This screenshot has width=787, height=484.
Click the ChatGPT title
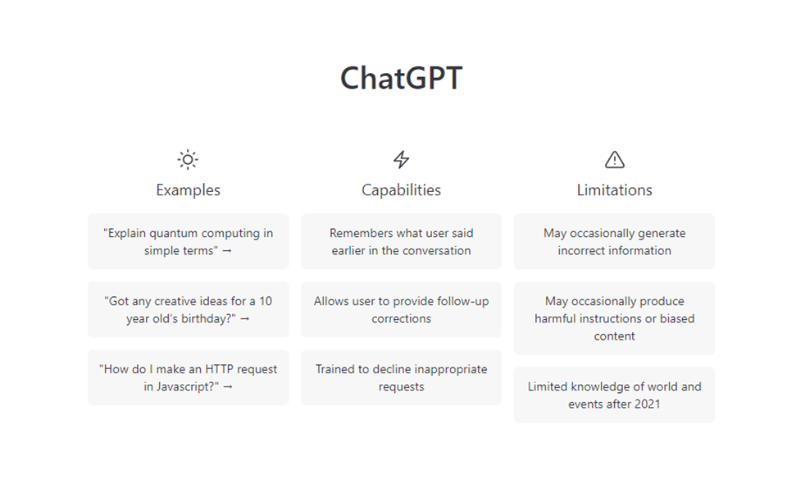click(x=401, y=79)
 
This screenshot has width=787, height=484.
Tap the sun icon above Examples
click(x=188, y=159)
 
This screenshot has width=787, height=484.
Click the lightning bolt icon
click(x=401, y=159)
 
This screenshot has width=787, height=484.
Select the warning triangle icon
click(x=614, y=159)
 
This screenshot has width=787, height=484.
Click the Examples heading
click(x=188, y=190)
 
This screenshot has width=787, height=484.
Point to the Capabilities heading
click(x=401, y=190)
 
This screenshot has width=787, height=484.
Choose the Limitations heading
click(x=614, y=190)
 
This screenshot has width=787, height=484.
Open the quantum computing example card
click(x=188, y=242)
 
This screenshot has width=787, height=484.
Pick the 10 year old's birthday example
click(x=188, y=310)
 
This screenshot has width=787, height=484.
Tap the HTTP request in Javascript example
click(x=188, y=377)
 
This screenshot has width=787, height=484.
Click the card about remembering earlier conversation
click(x=401, y=242)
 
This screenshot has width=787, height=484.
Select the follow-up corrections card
click(x=401, y=310)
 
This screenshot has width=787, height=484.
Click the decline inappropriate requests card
click(x=401, y=377)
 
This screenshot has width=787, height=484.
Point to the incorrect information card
click(x=614, y=242)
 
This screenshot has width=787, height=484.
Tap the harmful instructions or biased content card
click(x=614, y=318)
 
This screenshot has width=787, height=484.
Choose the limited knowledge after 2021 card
click(x=614, y=395)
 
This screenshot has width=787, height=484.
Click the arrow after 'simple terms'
click(x=227, y=251)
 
